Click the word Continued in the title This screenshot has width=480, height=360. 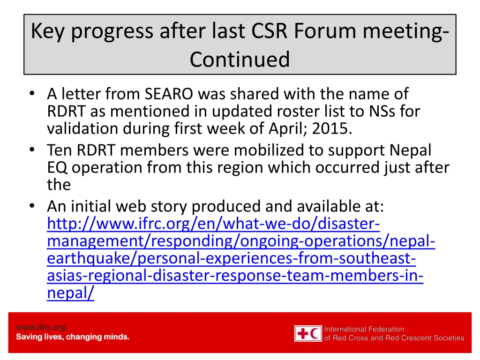tap(240, 60)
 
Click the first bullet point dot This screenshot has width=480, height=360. tap(31, 94)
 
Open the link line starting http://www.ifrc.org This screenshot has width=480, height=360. tap(213, 224)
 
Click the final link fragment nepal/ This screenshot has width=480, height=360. tap(70, 293)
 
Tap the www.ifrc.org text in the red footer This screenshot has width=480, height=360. tap(41, 327)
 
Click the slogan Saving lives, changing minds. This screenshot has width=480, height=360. tap(73, 337)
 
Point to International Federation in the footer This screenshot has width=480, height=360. tap(364, 329)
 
